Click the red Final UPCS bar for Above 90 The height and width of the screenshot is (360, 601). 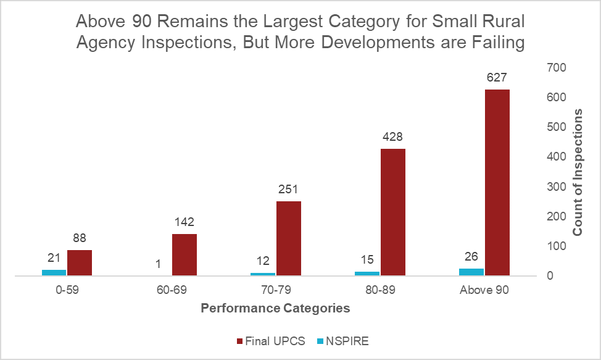tap(497, 182)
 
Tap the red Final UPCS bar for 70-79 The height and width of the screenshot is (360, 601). tap(289, 238)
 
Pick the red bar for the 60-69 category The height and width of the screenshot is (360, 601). tap(184, 254)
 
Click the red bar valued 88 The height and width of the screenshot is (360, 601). tap(80, 262)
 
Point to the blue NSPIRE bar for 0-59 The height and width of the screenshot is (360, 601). tap(54, 272)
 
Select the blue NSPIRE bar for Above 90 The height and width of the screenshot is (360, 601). tap(472, 272)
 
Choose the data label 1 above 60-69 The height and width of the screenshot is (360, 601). tap(159, 264)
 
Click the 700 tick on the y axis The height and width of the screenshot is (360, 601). tap(556, 68)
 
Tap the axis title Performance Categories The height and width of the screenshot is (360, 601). tap(276, 308)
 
